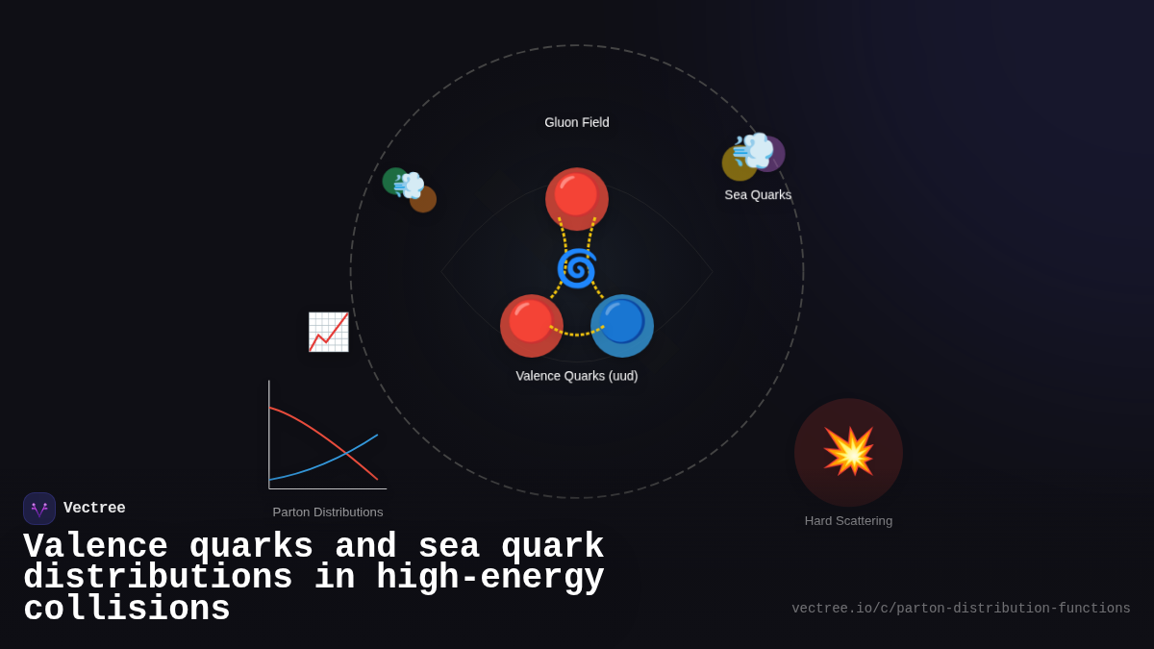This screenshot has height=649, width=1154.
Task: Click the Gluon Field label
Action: (x=577, y=122)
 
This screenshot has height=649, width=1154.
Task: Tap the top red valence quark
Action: (x=577, y=198)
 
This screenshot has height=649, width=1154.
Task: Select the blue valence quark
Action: (x=622, y=325)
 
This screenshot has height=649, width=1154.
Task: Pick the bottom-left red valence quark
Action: (x=531, y=325)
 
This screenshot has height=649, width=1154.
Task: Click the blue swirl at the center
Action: (x=577, y=268)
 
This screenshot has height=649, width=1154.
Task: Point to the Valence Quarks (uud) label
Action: (x=577, y=376)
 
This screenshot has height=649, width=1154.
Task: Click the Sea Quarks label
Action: (x=758, y=195)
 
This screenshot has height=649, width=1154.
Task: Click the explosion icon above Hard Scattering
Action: (x=848, y=452)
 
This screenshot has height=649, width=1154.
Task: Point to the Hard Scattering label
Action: (x=848, y=521)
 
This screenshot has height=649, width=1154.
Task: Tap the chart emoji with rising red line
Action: (x=328, y=332)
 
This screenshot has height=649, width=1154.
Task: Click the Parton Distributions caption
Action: (x=328, y=512)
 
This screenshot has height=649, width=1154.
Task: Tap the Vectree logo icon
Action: (x=39, y=509)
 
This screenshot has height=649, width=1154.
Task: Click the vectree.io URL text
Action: (x=961, y=609)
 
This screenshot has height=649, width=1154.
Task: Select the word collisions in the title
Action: (x=127, y=610)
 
